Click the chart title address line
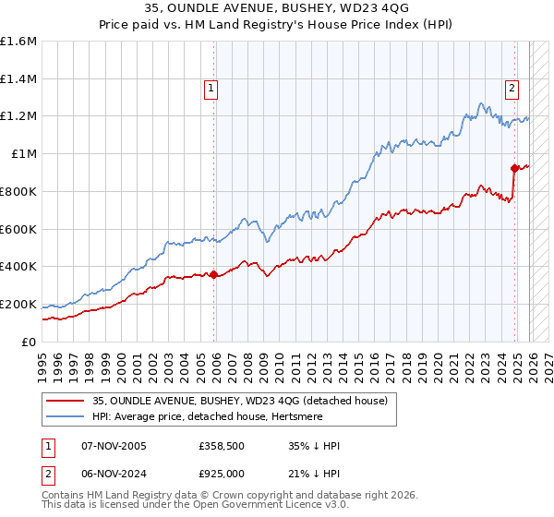tap(276, 9)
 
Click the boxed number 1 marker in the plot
tap(211, 89)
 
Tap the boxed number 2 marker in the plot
tap(511, 89)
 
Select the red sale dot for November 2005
tap(214, 274)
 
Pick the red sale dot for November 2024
tap(514, 167)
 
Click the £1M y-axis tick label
tap(23, 154)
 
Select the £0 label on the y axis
tap(30, 342)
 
